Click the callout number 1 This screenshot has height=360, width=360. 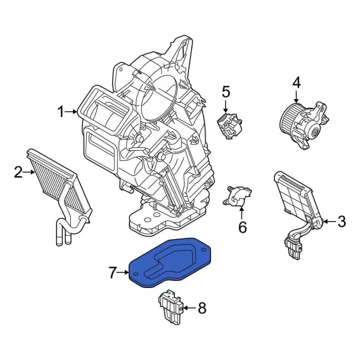click(61, 112)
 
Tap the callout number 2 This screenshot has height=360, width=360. click(18, 172)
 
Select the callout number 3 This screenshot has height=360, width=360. click(341, 222)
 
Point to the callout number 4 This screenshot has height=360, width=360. click(296, 84)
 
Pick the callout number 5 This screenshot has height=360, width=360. click(226, 91)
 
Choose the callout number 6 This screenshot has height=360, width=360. click(242, 227)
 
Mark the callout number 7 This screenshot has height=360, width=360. click(112, 273)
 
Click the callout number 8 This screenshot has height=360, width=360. click(202, 308)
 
